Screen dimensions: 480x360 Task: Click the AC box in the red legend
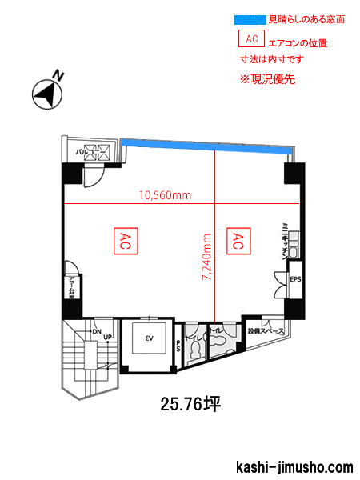tap(251, 38)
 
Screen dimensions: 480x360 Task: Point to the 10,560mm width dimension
tap(165, 194)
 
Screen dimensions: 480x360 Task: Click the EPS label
tap(294, 279)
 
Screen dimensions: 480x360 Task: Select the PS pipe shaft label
tap(178, 346)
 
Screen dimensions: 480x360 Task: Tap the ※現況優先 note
tap(268, 80)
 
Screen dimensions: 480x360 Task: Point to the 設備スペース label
tap(266, 330)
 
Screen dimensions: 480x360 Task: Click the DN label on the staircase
tap(96, 331)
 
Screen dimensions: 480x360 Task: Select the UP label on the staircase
tap(107, 337)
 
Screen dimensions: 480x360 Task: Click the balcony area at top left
tap(88, 151)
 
